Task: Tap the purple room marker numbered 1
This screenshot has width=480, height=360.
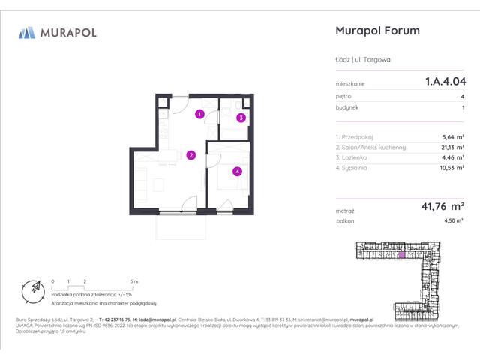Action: [199, 114]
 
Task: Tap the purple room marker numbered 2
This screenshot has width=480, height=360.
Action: [191, 155]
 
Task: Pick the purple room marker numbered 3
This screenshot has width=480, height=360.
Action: [241, 118]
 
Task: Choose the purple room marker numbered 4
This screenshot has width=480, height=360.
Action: [237, 171]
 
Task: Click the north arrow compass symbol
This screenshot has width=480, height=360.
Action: [32, 289]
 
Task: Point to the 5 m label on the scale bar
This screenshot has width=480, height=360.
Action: [133, 280]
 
